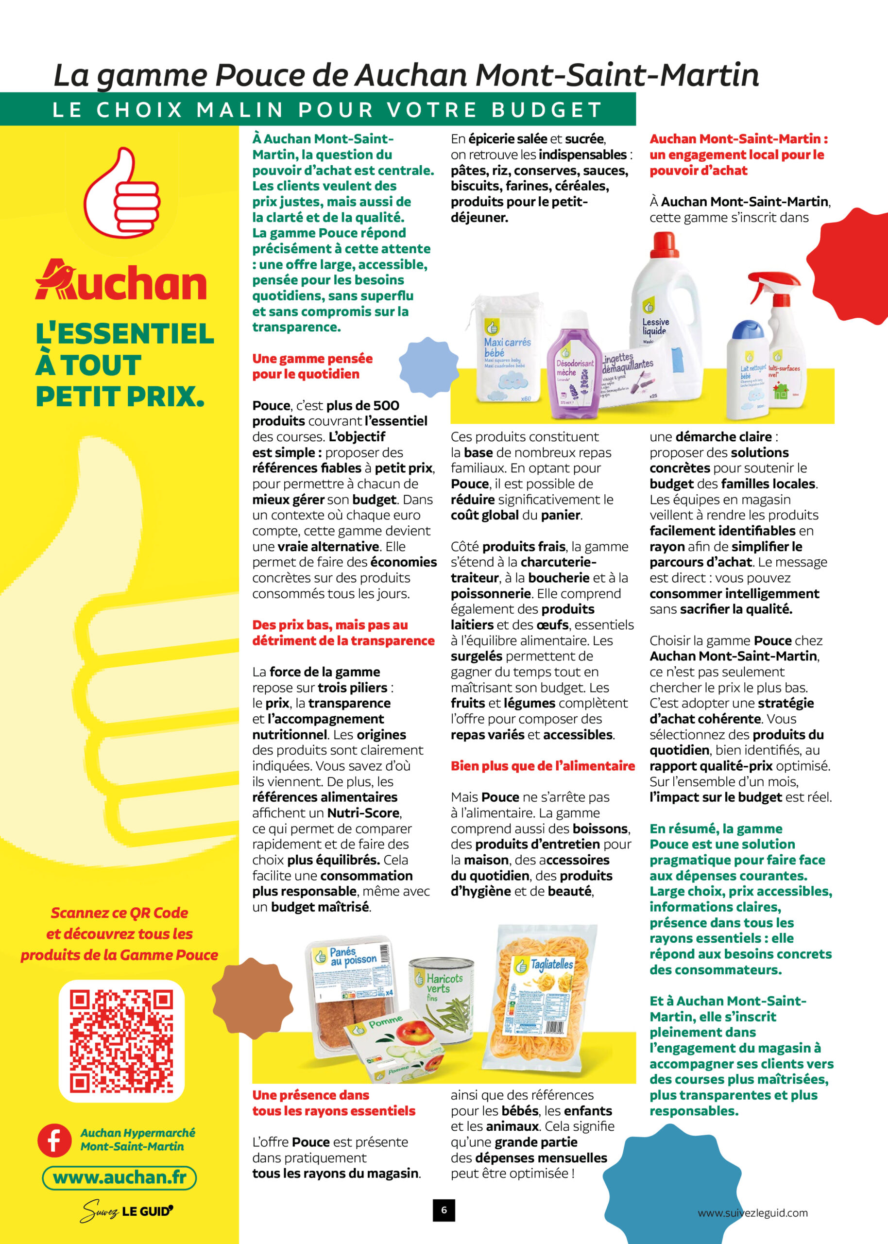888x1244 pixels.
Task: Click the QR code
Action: click(x=121, y=1040)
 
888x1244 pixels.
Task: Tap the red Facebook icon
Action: click(x=54, y=1140)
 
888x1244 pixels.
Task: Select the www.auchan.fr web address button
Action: click(x=119, y=1177)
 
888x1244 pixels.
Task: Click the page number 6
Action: click(x=444, y=1210)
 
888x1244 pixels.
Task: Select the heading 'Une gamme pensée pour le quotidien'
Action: click(x=312, y=366)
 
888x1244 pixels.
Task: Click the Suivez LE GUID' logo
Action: click(x=126, y=1211)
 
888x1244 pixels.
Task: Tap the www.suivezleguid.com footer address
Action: click(x=752, y=1213)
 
